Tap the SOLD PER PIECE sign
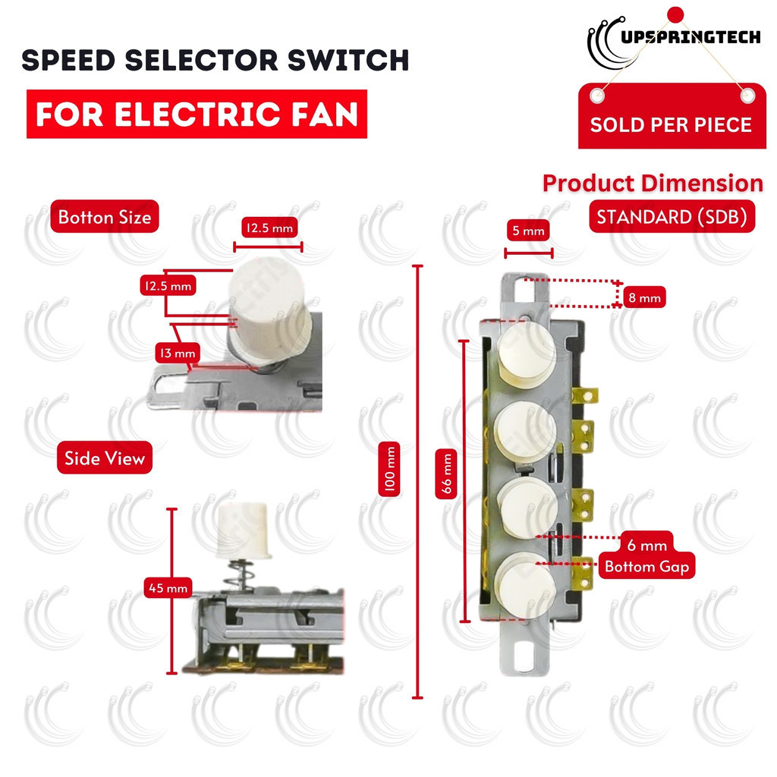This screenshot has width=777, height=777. click(671, 124)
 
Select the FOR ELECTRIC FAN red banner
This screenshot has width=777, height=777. click(197, 114)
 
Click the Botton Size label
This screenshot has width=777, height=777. click(105, 217)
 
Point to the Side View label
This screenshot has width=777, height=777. click(105, 458)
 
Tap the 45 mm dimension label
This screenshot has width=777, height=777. click(168, 587)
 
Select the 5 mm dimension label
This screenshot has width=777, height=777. click(528, 230)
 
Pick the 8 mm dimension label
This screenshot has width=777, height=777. click(643, 298)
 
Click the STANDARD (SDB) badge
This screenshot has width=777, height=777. click(672, 217)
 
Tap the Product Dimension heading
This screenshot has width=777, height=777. click(653, 183)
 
